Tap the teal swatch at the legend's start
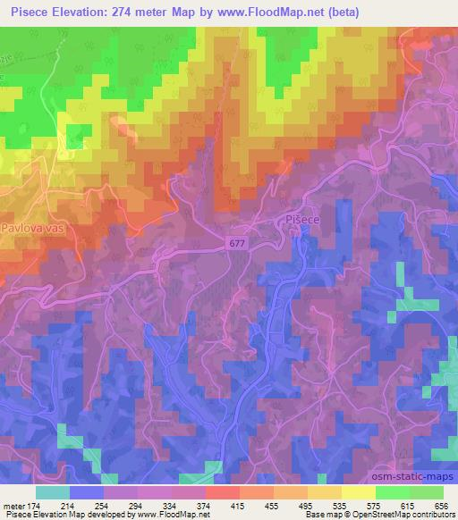[53, 492]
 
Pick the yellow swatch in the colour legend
[359, 492]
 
